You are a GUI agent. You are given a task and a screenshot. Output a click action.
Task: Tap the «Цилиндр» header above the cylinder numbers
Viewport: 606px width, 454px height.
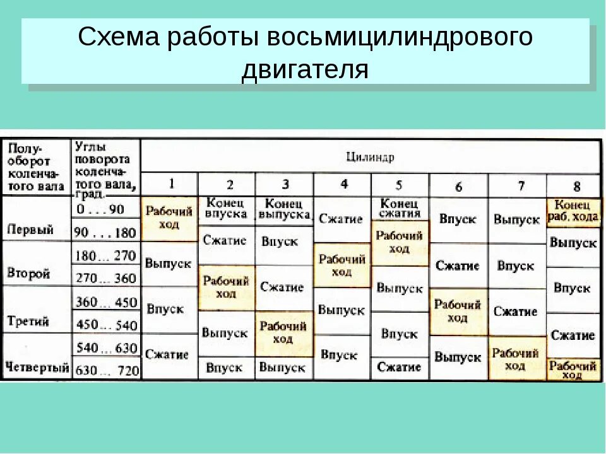pos(370,157)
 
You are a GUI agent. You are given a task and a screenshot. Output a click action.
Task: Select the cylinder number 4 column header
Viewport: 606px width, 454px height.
pos(343,184)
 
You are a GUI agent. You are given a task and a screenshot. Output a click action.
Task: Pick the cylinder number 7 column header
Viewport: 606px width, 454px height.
pos(521,186)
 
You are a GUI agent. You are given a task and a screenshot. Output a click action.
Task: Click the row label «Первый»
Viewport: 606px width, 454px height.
pos(30,230)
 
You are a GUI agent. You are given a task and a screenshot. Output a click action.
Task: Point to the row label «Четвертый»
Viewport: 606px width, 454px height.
pos(37,367)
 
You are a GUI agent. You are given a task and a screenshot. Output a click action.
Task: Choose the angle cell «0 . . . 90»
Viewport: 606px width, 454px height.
pos(99,209)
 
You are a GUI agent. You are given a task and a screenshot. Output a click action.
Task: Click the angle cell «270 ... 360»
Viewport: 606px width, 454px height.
pos(105,277)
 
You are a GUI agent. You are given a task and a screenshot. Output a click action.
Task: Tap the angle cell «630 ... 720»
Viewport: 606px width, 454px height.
pos(106,370)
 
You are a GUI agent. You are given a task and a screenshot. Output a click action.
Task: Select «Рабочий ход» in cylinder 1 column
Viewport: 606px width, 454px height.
pos(170,218)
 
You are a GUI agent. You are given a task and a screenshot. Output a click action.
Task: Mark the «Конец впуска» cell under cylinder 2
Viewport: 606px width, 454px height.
pos(226,208)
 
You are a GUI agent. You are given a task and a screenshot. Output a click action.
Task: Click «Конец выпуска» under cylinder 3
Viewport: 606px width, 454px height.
pos(283,209)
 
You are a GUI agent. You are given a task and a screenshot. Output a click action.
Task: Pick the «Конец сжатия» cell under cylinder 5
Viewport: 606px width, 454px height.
pos(399,208)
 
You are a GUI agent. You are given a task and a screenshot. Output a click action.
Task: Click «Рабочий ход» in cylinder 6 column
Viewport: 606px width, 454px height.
pos(458,311)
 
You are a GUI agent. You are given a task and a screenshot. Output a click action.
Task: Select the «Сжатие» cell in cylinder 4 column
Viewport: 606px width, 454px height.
pos(341,219)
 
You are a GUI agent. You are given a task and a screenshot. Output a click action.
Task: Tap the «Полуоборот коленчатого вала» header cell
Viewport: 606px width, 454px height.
pos(35,168)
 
